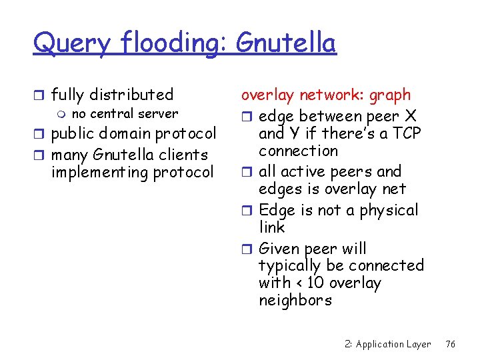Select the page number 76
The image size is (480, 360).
(451, 344)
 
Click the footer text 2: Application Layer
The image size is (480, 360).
(387, 344)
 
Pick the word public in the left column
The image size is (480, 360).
(73, 134)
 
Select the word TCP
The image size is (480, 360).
(407, 133)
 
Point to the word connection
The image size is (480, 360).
(298, 151)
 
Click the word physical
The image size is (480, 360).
(388, 211)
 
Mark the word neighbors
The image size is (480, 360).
(295, 300)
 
